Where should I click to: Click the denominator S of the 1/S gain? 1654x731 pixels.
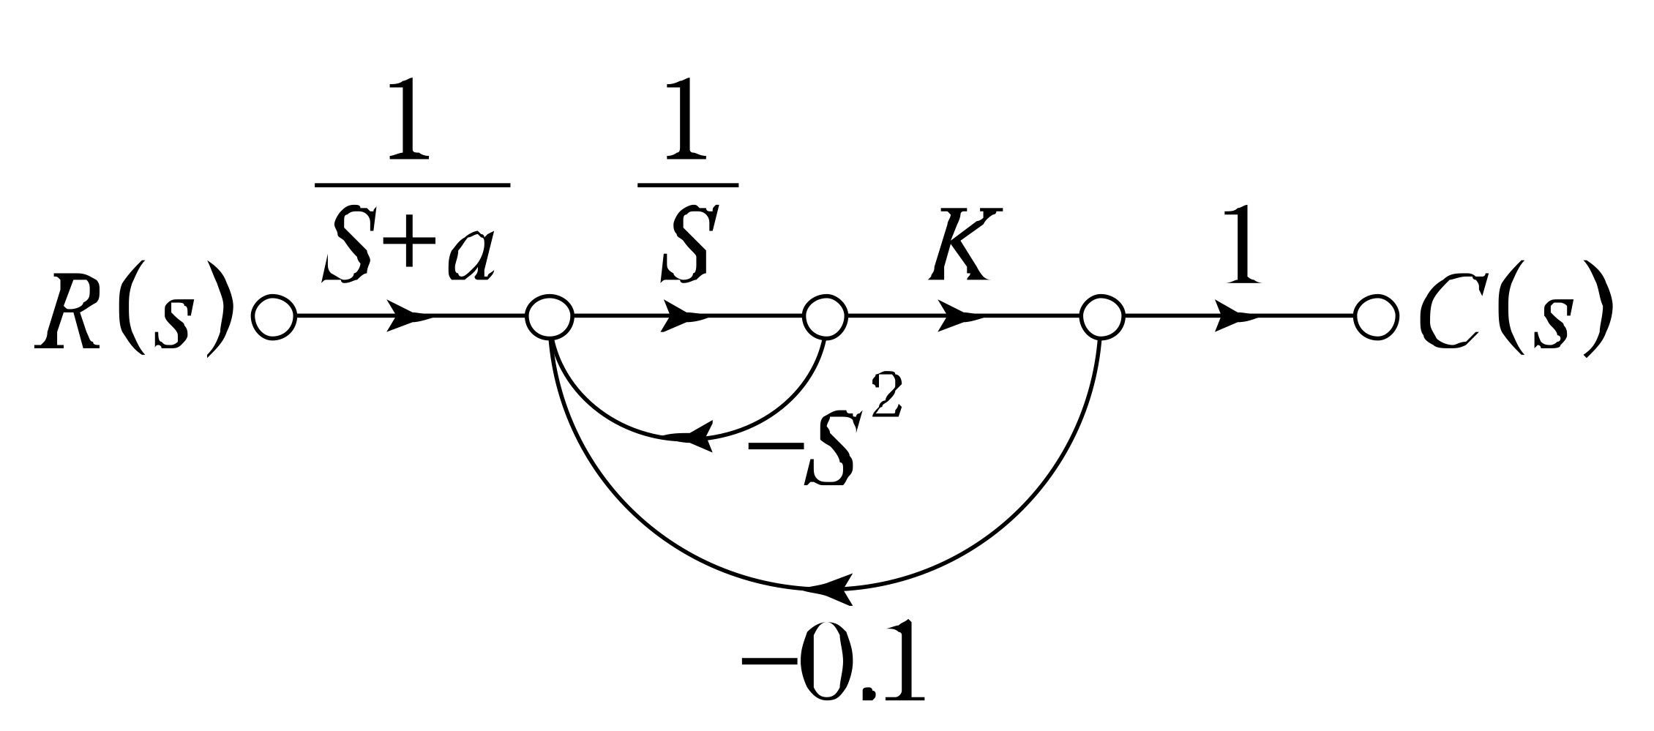686,244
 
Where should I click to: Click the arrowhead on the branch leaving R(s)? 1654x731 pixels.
407,317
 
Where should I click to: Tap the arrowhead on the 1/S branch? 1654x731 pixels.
684,317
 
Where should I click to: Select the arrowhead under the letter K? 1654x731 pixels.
959,317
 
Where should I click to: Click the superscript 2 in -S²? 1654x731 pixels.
886,394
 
